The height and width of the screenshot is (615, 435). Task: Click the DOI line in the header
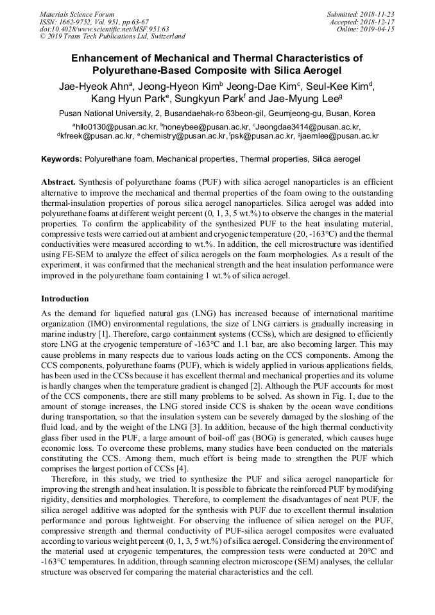tap(105, 29)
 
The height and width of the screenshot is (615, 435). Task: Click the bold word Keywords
tap(61, 158)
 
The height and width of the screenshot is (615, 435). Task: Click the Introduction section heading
tap(65, 299)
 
